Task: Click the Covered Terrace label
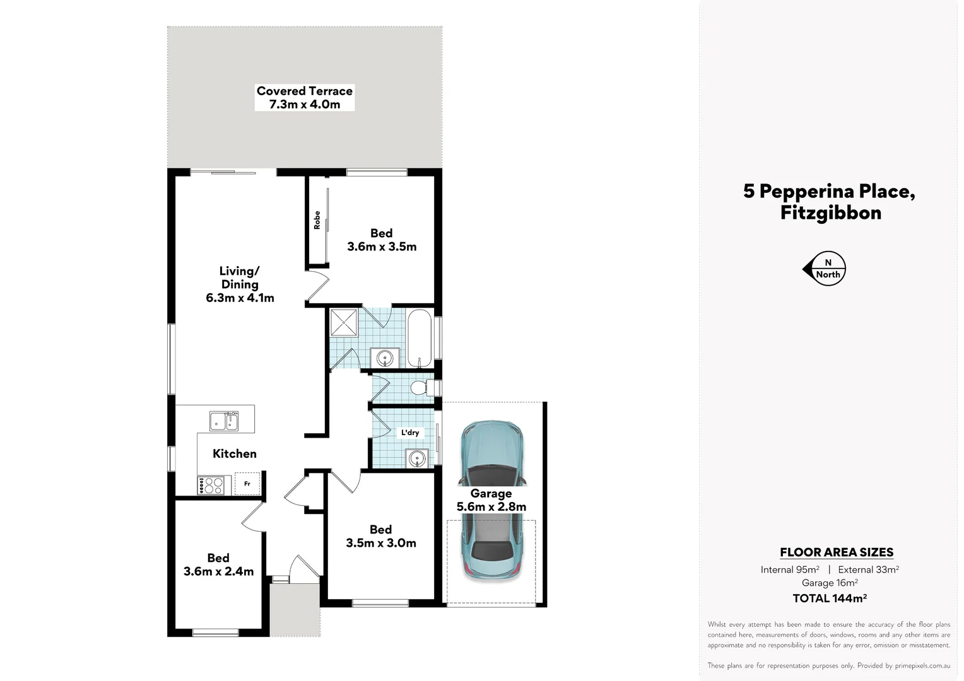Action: [x=304, y=98]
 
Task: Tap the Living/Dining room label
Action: [x=240, y=284]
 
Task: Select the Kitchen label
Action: [x=234, y=453]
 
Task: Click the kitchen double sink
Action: [x=224, y=421]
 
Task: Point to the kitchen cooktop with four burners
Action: [x=211, y=485]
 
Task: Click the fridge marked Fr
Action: [x=247, y=484]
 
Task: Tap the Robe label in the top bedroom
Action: [x=317, y=220]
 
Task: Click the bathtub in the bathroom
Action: [x=420, y=337]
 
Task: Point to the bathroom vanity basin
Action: [x=384, y=358]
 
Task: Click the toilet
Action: [x=421, y=387]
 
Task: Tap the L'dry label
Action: [x=410, y=433]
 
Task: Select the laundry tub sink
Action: [x=417, y=458]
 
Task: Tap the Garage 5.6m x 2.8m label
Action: [x=491, y=500]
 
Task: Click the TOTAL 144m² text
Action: [x=829, y=598]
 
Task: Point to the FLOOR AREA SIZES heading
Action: [x=836, y=552]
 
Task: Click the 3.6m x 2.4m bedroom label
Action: [x=218, y=565]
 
